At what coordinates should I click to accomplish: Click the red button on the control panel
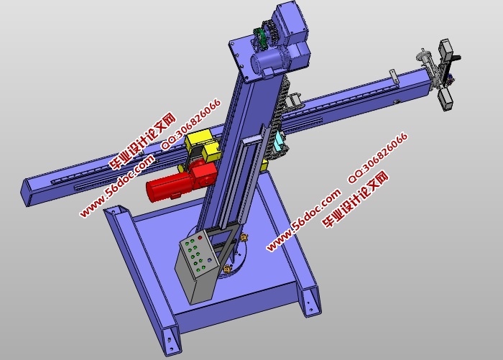click(200, 238)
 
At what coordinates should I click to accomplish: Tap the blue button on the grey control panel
click(209, 260)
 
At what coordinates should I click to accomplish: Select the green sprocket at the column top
click(260, 39)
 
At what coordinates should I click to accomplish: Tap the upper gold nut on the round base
click(244, 237)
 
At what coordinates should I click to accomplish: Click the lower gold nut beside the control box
click(228, 269)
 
